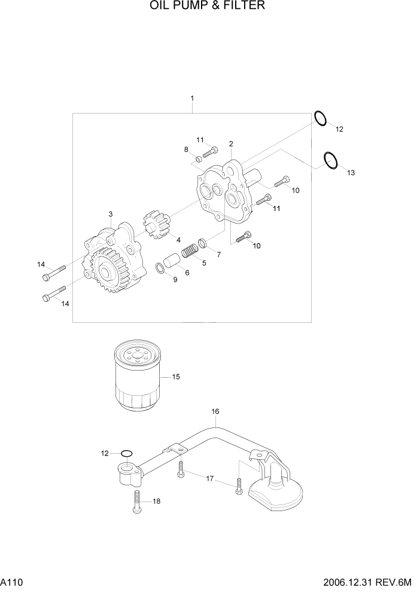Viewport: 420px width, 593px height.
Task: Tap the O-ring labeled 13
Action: (x=330, y=160)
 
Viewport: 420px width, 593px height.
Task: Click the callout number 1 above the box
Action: (x=192, y=97)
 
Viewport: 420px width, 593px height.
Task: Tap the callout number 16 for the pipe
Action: (x=215, y=411)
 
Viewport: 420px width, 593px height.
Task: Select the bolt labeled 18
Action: (x=136, y=501)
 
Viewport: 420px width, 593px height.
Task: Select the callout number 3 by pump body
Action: (x=111, y=214)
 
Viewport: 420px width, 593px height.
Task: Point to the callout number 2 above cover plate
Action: (x=231, y=143)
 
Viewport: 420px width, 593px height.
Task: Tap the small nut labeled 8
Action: (x=198, y=159)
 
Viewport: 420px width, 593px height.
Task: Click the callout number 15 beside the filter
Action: (x=176, y=377)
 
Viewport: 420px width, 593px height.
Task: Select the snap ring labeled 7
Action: (x=203, y=243)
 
